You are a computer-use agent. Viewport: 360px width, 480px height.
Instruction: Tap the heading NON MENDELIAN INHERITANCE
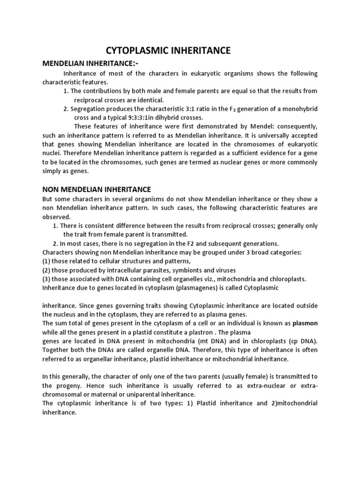pos(97,189)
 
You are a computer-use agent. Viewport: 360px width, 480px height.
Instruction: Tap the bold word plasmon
pos(305,323)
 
